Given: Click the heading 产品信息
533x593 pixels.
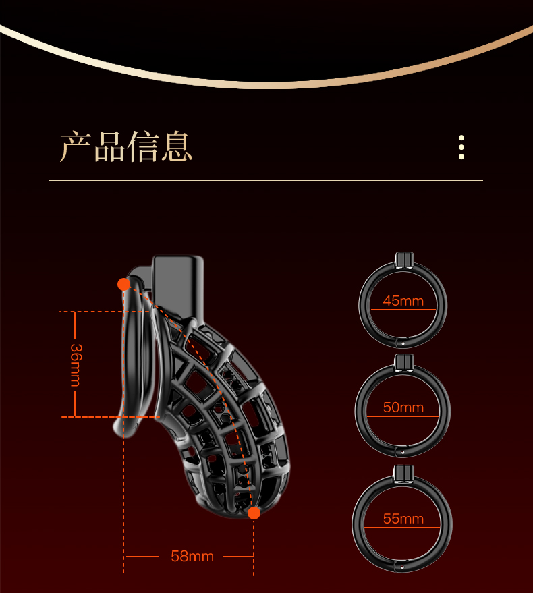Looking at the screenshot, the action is (x=126, y=146).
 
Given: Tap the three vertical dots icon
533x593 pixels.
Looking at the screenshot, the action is (x=461, y=146).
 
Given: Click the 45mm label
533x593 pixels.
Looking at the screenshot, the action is (x=403, y=301).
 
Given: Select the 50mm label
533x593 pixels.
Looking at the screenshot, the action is (x=403, y=407).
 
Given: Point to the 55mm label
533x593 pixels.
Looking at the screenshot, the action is (x=403, y=519).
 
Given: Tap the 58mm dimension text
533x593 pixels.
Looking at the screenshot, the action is (x=192, y=557).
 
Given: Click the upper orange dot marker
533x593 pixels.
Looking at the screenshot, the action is (x=123, y=284).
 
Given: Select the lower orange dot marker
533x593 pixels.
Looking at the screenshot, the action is (x=254, y=513).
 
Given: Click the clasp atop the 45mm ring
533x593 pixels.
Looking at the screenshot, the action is (x=403, y=258).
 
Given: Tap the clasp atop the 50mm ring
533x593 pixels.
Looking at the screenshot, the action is (x=403, y=363).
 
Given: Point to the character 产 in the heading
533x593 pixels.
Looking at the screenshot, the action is (x=75, y=146).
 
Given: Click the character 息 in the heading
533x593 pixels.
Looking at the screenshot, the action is (x=177, y=146).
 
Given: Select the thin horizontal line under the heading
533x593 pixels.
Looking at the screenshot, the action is (x=266, y=181).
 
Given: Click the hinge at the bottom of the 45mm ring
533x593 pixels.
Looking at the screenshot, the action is (x=402, y=343).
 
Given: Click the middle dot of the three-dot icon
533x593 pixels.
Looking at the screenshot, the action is (x=461, y=146).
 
